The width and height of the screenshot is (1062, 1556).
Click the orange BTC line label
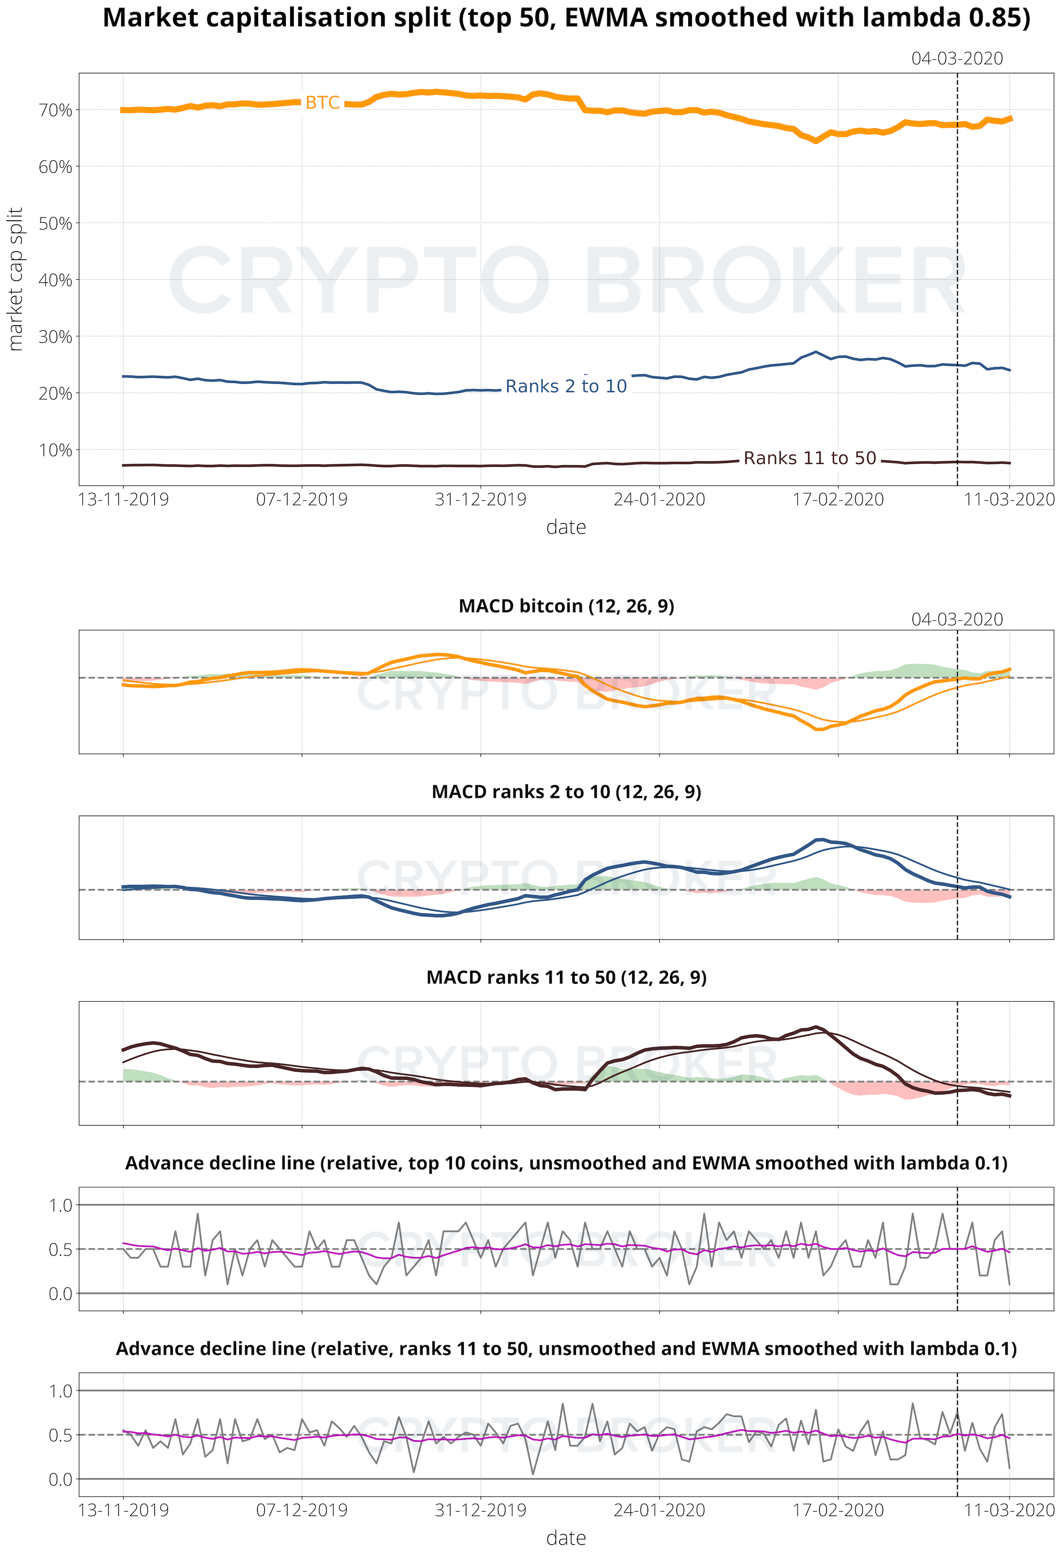coord(322,102)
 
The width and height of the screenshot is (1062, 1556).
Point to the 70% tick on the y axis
coord(56,110)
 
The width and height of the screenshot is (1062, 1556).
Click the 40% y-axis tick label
coord(56,280)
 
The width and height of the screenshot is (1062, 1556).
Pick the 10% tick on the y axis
coord(56,450)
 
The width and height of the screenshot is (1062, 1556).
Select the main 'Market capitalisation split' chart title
coord(566,18)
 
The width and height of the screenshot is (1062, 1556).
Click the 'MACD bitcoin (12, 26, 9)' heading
coord(566,606)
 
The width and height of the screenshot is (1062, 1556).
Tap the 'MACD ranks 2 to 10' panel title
coord(566,792)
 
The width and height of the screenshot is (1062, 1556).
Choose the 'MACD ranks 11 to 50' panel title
coord(566,977)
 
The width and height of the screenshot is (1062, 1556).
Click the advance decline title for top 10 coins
coord(566,1163)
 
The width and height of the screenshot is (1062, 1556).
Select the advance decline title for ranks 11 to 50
coord(566,1348)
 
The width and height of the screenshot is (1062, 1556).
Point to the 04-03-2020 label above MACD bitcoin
coord(957,619)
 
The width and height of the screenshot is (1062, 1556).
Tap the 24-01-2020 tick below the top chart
coord(659,500)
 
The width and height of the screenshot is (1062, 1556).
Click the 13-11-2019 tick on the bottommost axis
coord(123,1511)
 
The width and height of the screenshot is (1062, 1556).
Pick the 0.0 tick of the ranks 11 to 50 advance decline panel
coord(60,1479)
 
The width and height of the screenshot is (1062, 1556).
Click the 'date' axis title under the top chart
coord(566,528)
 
